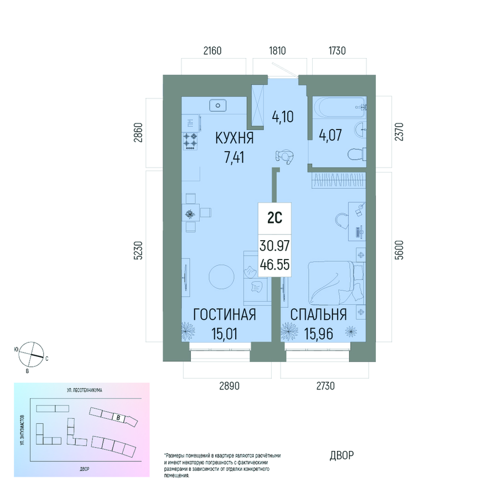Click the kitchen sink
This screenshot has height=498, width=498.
coord(218,105)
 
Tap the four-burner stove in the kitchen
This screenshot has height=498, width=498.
coord(190,141)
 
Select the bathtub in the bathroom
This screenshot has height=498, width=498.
coord(340,107)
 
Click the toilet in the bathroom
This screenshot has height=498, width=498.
coord(357,155)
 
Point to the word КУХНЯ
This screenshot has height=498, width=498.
coord(235,138)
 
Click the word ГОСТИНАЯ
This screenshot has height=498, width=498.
coord(225,314)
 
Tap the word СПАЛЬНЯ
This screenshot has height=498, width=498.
coord(319,314)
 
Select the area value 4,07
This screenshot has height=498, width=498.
coord(330,135)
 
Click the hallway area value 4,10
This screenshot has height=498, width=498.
coord(283,117)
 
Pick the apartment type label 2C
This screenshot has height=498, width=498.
coord(274,218)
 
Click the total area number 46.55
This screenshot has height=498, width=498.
coord(274,264)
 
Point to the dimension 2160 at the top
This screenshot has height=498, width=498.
coord(212,50)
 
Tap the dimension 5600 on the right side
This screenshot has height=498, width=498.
coord(400,250)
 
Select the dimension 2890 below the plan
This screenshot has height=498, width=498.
coord(229,386)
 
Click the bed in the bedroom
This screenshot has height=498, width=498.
coord(336,283)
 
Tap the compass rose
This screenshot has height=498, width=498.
coord(31,354)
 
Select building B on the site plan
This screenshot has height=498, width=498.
coord(118,418)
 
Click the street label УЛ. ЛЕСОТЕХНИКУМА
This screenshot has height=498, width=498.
coord(85,390)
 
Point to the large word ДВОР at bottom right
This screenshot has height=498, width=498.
coord(342,455)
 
